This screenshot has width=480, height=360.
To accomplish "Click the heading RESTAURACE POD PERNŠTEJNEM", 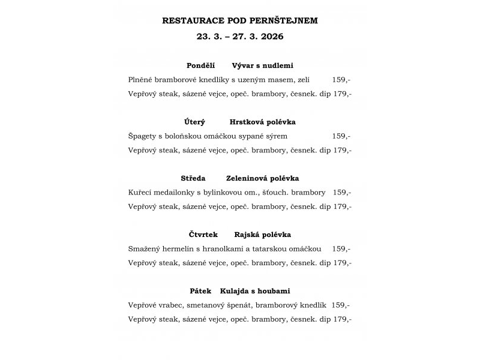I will (240, 20).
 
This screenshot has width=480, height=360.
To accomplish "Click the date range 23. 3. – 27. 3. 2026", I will (240, 36).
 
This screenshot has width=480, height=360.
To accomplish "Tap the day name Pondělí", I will (201, 65).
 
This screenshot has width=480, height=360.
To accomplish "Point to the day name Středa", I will (193, 178).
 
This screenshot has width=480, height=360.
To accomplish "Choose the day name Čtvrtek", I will (203, 235).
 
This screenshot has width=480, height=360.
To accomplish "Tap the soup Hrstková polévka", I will (262, 122).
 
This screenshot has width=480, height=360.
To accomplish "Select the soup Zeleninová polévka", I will (262, 178).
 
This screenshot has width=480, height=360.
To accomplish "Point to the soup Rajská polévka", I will (259, 235).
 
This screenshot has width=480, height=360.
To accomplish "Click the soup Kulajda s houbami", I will (255, 291).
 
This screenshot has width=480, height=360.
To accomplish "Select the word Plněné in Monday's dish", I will (141, 80).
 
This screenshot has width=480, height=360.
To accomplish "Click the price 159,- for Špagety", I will (341, 136).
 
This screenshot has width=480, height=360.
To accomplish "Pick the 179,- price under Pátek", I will (343, 319).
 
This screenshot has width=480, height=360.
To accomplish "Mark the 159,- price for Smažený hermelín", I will (341, 248).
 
